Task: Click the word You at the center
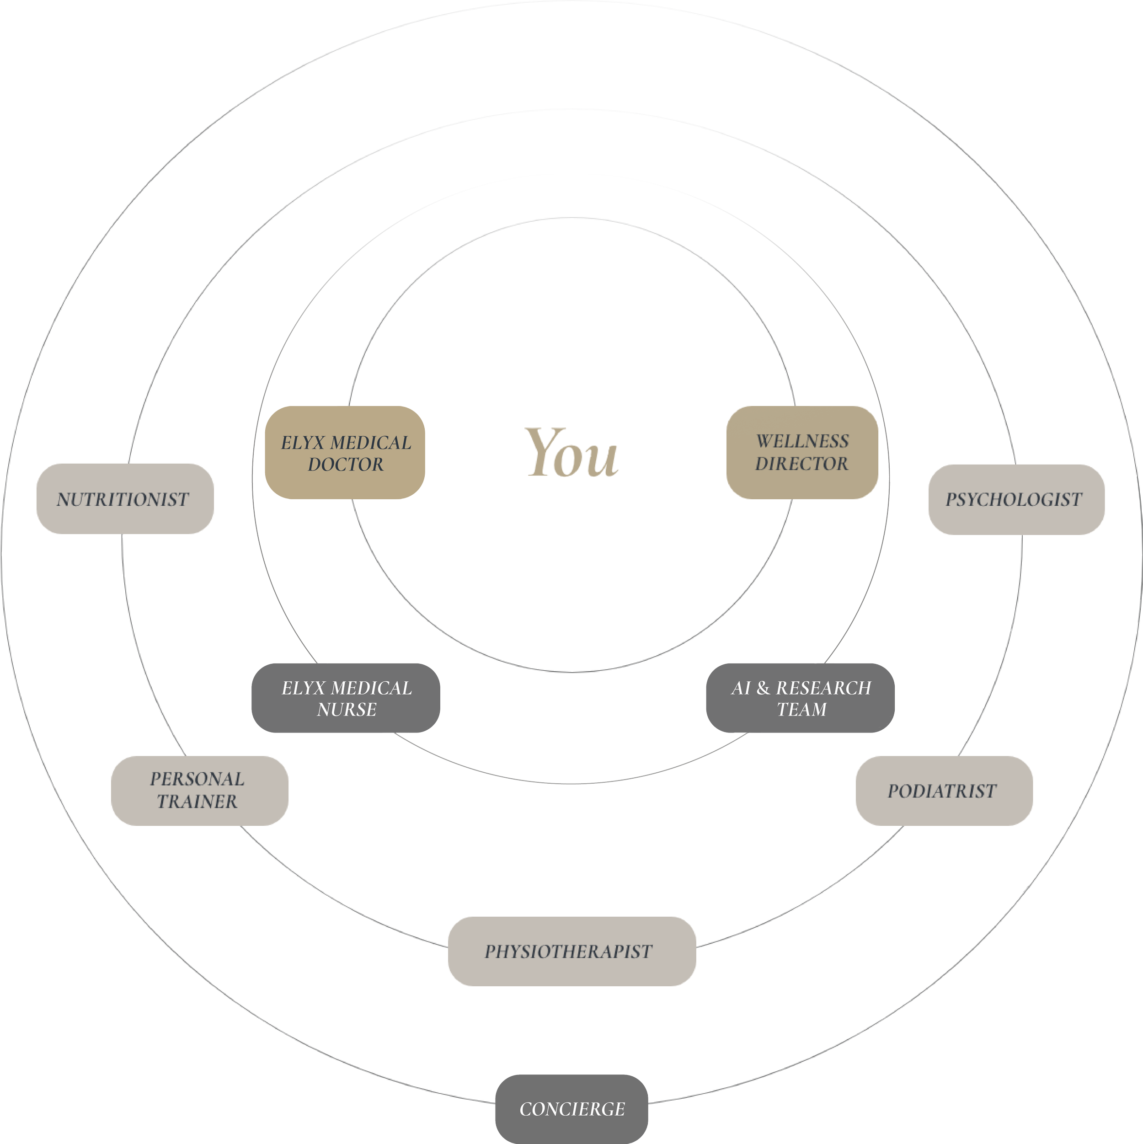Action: pos(571,454)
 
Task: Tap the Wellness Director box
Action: pos(802,452)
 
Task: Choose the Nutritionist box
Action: pos(124,499)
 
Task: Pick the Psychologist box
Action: pos(1016,499)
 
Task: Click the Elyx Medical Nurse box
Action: pos(346,698)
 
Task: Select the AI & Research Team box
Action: pos(800,698)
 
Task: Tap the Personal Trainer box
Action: pos(199,791)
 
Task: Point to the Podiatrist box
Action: pos(943,791)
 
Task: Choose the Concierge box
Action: pos(571,1109)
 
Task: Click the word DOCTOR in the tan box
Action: pos(345,464)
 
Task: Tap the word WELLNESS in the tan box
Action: pos(802,441)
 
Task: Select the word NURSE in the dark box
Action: pos(347,709)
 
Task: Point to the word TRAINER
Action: pos(197,802)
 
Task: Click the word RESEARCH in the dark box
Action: pos(823,688)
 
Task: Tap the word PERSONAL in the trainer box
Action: pos(197,779)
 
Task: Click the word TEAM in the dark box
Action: pos(801,709)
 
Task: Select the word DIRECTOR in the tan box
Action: pos(801,464)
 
